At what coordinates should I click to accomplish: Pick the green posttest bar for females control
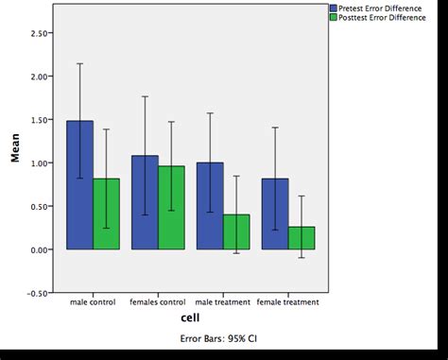pos(171,208)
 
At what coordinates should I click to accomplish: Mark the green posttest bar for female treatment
pos(302,237)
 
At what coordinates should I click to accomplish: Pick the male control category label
pos(93,303)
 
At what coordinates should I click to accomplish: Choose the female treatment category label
pos(288,303)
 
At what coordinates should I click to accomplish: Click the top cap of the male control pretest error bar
pos(79,63)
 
